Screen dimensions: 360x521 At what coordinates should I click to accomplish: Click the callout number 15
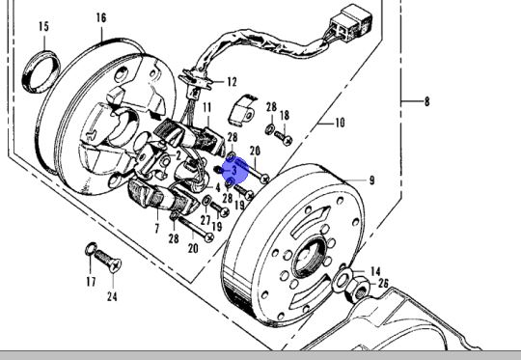(x=43, y=26)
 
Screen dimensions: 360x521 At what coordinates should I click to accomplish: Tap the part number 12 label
(x=232, y=82)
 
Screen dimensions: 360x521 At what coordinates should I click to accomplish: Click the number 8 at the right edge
(x=426, y=100)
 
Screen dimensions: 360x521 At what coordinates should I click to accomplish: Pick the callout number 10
(x=339, y=123)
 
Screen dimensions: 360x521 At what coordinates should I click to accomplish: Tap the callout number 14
(x=375, y=271)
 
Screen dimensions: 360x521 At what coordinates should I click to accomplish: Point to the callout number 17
(x=90, y=283)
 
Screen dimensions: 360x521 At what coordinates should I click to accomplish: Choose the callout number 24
(x=112, y=296)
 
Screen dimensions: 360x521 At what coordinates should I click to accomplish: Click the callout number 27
(x=206, y=220)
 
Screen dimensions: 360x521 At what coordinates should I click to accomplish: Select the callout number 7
(x=156, y=228)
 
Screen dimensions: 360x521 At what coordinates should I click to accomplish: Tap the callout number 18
(x=284, y=116)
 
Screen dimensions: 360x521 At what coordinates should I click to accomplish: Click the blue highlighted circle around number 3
(x=235, y=171)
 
